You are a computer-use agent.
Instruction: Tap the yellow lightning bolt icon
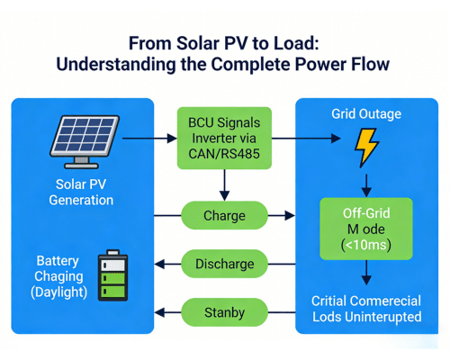tap(366, 147)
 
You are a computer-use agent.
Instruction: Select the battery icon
tap(112, 276)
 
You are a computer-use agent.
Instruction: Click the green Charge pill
tap(224, 216)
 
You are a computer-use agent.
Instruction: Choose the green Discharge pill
tap(224, 265)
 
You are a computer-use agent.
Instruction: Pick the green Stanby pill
tap(224, 313)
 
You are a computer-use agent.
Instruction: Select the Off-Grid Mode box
tap(365, 229)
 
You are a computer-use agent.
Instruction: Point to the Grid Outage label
tap(365, 114)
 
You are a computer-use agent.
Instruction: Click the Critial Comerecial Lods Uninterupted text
tap(365, 309)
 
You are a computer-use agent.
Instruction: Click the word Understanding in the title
tap(121, 64)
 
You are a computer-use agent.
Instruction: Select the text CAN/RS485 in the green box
tap(224, 155)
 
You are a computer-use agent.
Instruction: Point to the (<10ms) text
tap(365, 246)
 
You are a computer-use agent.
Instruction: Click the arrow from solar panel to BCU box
tap(149, 139)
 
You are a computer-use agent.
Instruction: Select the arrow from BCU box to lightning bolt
tap(306, 139)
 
